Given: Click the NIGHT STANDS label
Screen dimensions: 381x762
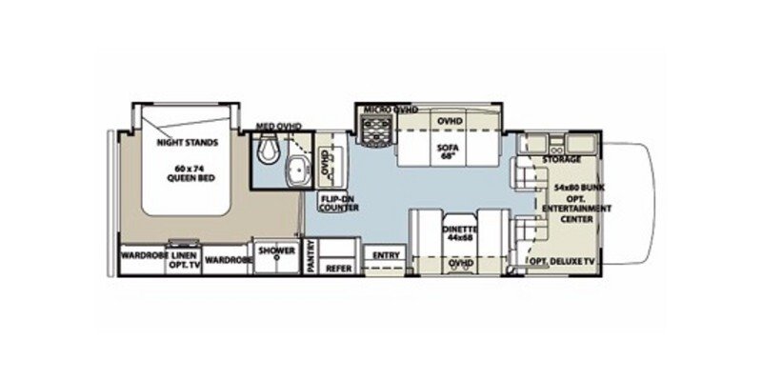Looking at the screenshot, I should [188, 143].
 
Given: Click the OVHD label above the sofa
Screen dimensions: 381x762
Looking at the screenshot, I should [450, 123].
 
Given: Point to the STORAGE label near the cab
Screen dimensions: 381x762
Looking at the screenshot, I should [563, 159].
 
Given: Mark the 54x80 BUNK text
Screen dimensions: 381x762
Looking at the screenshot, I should [571, 189].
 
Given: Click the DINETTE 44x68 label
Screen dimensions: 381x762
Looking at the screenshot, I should [461, 233].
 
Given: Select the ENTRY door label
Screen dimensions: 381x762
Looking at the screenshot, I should [387, 255].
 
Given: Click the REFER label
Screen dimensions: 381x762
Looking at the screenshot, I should [339, 269].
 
